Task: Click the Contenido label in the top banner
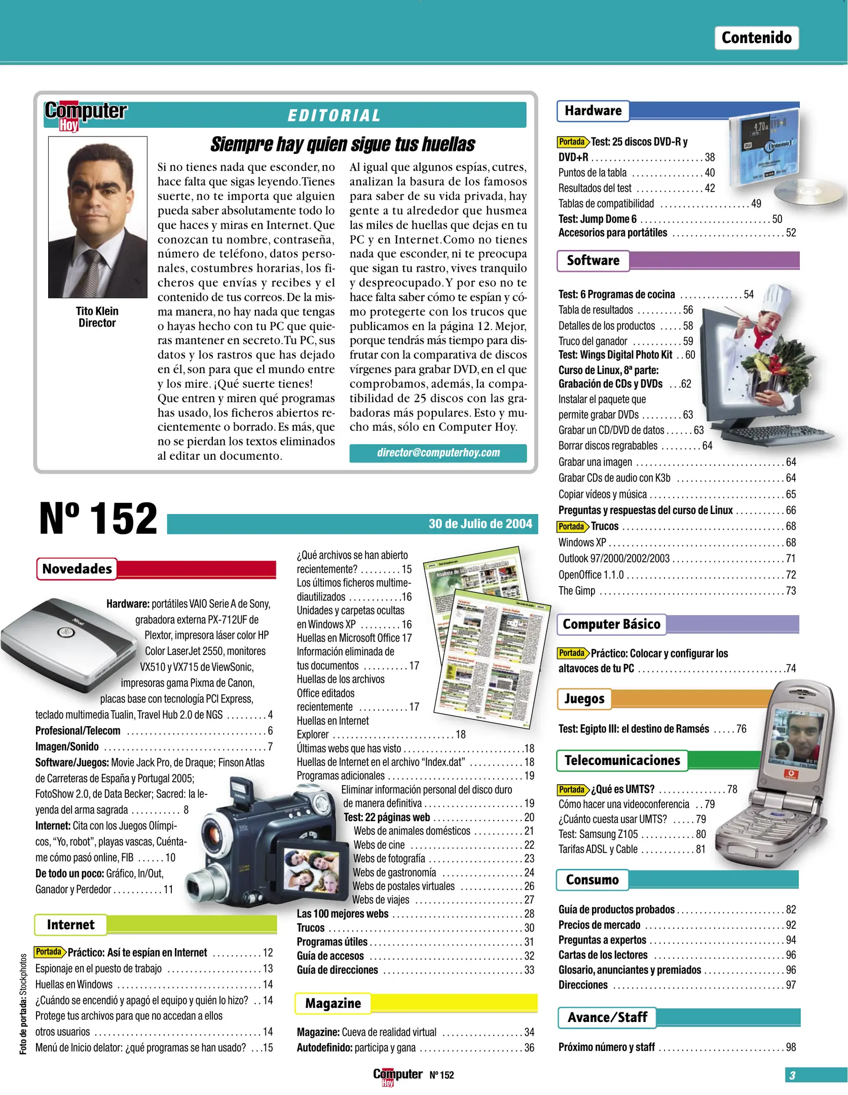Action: tap(756, 38)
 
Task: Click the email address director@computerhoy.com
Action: tap(438, 453)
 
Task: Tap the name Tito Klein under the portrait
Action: tap(97, 311)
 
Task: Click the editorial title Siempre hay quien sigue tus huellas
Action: tap(343, 144)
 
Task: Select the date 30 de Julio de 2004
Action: tap(480, 524)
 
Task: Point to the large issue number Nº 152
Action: tap(98, 519)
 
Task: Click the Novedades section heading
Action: tap(77, 569)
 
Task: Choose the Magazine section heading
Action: tap(333, 1003)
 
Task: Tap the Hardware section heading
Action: tap(593, 111)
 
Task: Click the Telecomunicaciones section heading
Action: tap(622, 760)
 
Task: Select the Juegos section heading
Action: tap(584, 699)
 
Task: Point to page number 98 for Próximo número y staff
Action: tap(791, 1047)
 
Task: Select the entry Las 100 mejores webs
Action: tap(343, 914)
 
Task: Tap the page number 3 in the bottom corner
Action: tap(792, 1075)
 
